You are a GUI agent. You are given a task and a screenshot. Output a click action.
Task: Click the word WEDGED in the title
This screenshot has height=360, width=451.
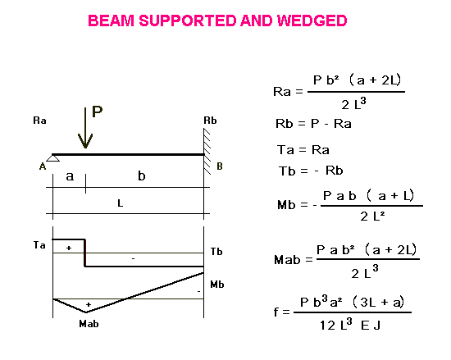312,21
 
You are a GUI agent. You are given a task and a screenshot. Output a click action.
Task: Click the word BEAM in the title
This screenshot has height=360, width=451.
111,21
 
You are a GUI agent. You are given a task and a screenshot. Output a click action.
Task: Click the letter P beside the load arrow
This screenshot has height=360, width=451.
98,112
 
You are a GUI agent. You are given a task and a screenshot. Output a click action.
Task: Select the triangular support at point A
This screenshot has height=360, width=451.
53,158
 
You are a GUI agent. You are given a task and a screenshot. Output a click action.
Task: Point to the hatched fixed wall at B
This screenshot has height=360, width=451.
207,151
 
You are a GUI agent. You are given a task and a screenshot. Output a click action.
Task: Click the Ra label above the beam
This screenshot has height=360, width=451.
39,121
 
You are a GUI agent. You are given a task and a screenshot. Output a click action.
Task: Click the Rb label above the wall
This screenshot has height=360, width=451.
210,121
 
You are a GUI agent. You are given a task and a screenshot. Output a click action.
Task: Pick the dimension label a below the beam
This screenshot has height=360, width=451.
70,176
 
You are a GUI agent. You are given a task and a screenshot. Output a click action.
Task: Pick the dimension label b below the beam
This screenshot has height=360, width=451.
142,175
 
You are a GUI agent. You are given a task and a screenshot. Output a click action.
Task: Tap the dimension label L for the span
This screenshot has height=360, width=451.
121,203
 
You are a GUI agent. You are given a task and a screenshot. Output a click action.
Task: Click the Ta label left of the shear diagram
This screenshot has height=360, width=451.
39,245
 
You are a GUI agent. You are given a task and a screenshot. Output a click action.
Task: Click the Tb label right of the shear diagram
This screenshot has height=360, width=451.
216,252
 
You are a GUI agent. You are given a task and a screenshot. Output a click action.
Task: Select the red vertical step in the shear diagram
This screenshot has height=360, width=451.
85,253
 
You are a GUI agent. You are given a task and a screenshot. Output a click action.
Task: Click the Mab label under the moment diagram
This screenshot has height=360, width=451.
89,324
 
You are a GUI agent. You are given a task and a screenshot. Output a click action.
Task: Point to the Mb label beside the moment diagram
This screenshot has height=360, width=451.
216,285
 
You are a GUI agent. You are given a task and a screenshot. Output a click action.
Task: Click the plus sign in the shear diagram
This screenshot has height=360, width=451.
69,248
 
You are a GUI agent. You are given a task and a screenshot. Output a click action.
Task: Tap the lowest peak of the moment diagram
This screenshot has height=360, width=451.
86,312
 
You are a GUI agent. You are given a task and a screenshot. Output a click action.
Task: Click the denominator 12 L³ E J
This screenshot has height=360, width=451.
350,325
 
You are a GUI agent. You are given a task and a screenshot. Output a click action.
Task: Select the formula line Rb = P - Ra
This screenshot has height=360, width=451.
313,124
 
